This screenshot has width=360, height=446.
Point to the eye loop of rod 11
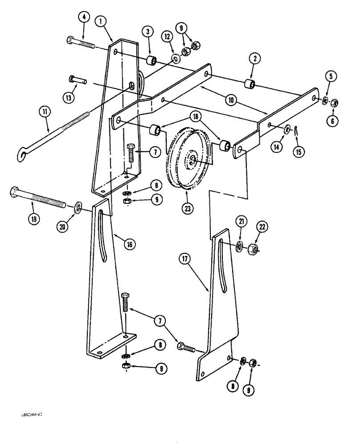click(x=20, y=155)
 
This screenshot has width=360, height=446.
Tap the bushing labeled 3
click(x=152, y=60)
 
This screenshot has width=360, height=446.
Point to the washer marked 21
click(x=240, y=246)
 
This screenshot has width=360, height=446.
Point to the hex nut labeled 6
click(x=335, y=103)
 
